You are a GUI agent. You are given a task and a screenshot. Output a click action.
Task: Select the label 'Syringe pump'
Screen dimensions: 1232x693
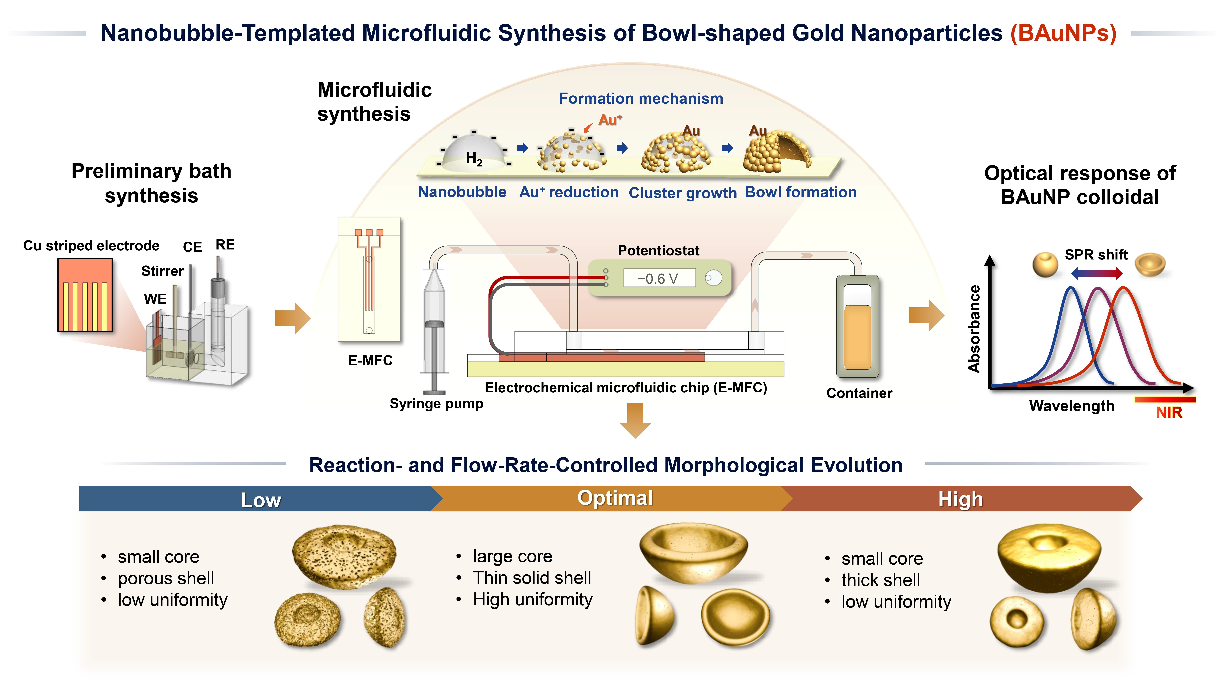tap(436, 404)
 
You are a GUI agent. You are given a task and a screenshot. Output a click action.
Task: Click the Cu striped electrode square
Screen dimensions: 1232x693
tap(85, 295)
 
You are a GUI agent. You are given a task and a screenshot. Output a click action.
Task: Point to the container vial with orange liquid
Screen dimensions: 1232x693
tap(857, 327)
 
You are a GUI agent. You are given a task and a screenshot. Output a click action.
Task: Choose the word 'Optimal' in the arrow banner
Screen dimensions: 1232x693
tap(615, 498)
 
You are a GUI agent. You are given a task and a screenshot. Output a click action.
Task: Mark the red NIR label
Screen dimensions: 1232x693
tap(1169, 412)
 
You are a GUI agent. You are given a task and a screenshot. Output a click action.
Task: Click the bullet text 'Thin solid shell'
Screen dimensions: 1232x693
tap(532, 578)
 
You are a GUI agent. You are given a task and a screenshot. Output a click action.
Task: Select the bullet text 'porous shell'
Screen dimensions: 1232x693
tap(166, 579)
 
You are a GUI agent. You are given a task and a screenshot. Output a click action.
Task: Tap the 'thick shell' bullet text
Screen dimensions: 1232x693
tap(880, 580)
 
